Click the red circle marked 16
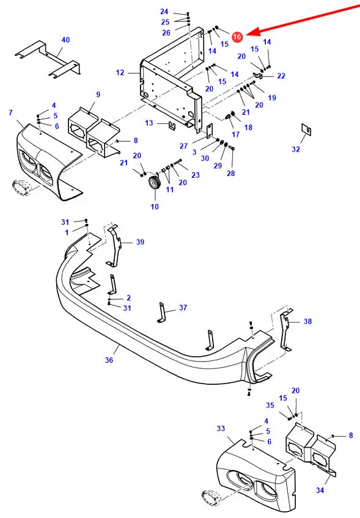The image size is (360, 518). tap(237, 37)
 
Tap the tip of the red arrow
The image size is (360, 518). tap(245, 34)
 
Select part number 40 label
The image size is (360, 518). tap(66, 40)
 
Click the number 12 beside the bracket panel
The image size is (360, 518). tap(120, 72)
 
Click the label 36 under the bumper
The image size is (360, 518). tap(109, 360)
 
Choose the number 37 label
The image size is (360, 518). tap(183, 308)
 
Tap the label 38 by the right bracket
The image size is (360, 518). tap(308, 321)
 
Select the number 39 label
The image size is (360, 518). tap(141, 242)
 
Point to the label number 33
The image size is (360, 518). tap(221, 428)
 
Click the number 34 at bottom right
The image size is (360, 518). tap(320, 491)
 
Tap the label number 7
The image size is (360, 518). tap(10, 112)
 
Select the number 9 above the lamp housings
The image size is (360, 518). tap(98, 95)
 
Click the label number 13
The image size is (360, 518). tap(149, 123)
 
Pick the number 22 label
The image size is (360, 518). tap(281, 76)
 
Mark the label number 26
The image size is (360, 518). tap(166, 32)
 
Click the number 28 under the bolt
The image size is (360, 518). tap(231, 173)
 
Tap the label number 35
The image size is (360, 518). tap(270, 405)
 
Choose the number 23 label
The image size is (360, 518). tap(196, 175)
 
